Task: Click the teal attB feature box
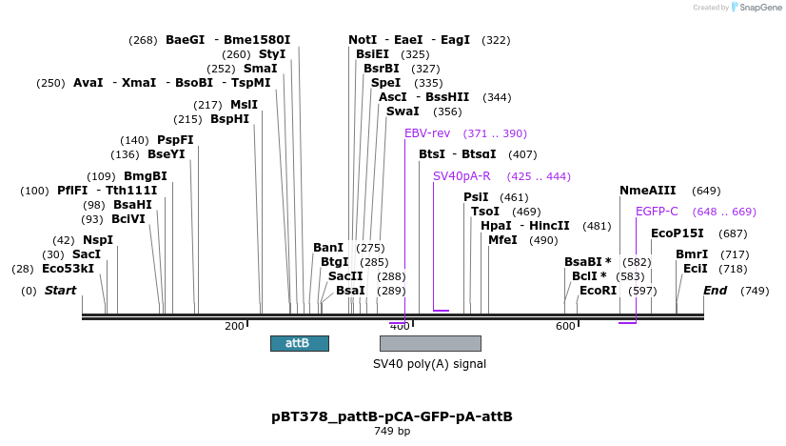(x=299, y=343)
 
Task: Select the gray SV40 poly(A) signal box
(x=430, y=343)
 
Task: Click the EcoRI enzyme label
(x=599, y=291)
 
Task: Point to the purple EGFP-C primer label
(x=657, y=212)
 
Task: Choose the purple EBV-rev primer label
(x=427, y=133)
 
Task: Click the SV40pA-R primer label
(x=462, y=176)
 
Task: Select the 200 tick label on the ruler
(x=234, y=327)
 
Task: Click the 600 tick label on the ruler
(x=565, y=327)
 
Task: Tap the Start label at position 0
(x=60, y=291)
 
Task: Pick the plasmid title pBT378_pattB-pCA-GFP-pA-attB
(x=392, y=416)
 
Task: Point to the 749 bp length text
(x=392, y=432)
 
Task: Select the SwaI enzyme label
(x=403, y=111)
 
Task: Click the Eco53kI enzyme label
(x=68, y=269)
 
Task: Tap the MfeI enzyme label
(x=503, y=240)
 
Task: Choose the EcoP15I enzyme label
(x=678, y=233)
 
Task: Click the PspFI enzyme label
(x=175, y=140)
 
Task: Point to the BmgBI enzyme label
(x=146, y=176)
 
